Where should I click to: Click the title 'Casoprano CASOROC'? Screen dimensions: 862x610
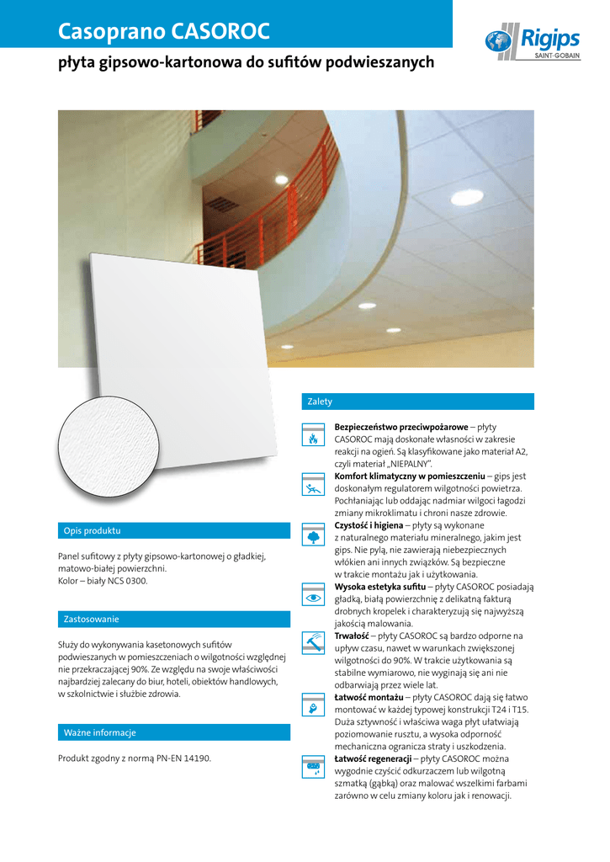pos(164,32)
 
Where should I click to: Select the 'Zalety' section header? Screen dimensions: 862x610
pos(321,402)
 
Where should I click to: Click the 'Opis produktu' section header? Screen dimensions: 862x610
pos(93,531)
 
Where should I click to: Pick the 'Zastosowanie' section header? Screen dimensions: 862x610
pos(92,620)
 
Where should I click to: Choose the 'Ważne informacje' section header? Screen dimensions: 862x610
pos(100,732)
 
